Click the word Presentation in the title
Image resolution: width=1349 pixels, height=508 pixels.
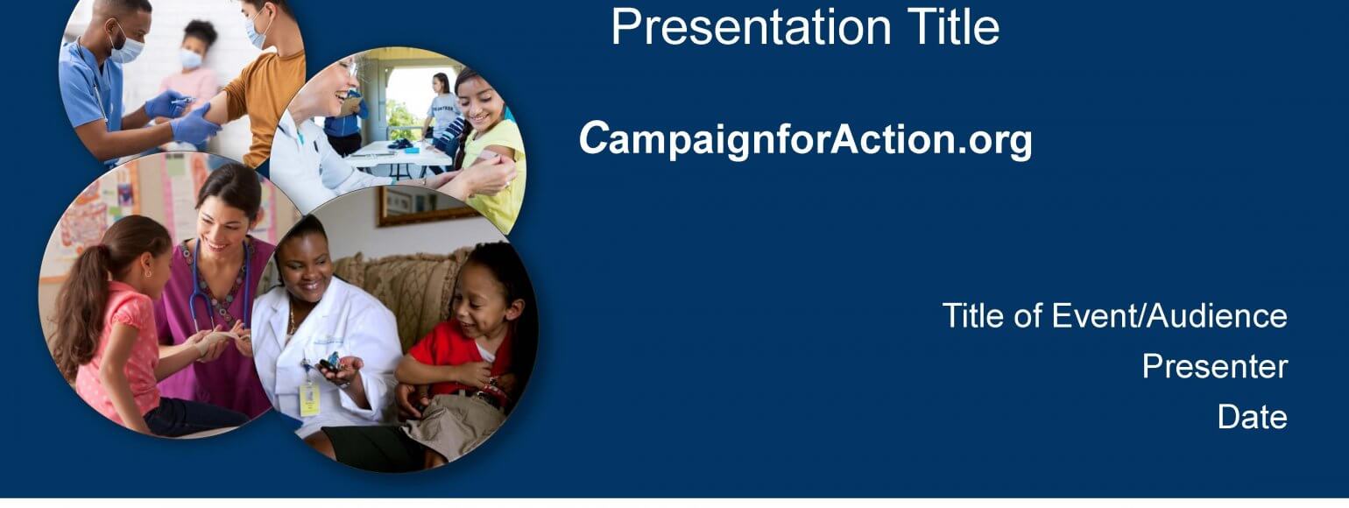point(751,27)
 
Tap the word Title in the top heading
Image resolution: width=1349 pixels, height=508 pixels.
point(953,27)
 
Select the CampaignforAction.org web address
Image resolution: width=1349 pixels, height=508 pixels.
point(805,139)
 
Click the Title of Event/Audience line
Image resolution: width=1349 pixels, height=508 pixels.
point(1115,316)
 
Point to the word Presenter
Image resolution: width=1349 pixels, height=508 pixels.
point(1215,367)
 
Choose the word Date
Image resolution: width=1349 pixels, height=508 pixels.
point(1252,417)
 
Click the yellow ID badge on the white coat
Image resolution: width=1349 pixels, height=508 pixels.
point(309,399)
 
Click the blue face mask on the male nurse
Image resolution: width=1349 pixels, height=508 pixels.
point(126,48)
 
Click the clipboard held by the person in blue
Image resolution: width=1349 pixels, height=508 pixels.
point(351,106)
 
